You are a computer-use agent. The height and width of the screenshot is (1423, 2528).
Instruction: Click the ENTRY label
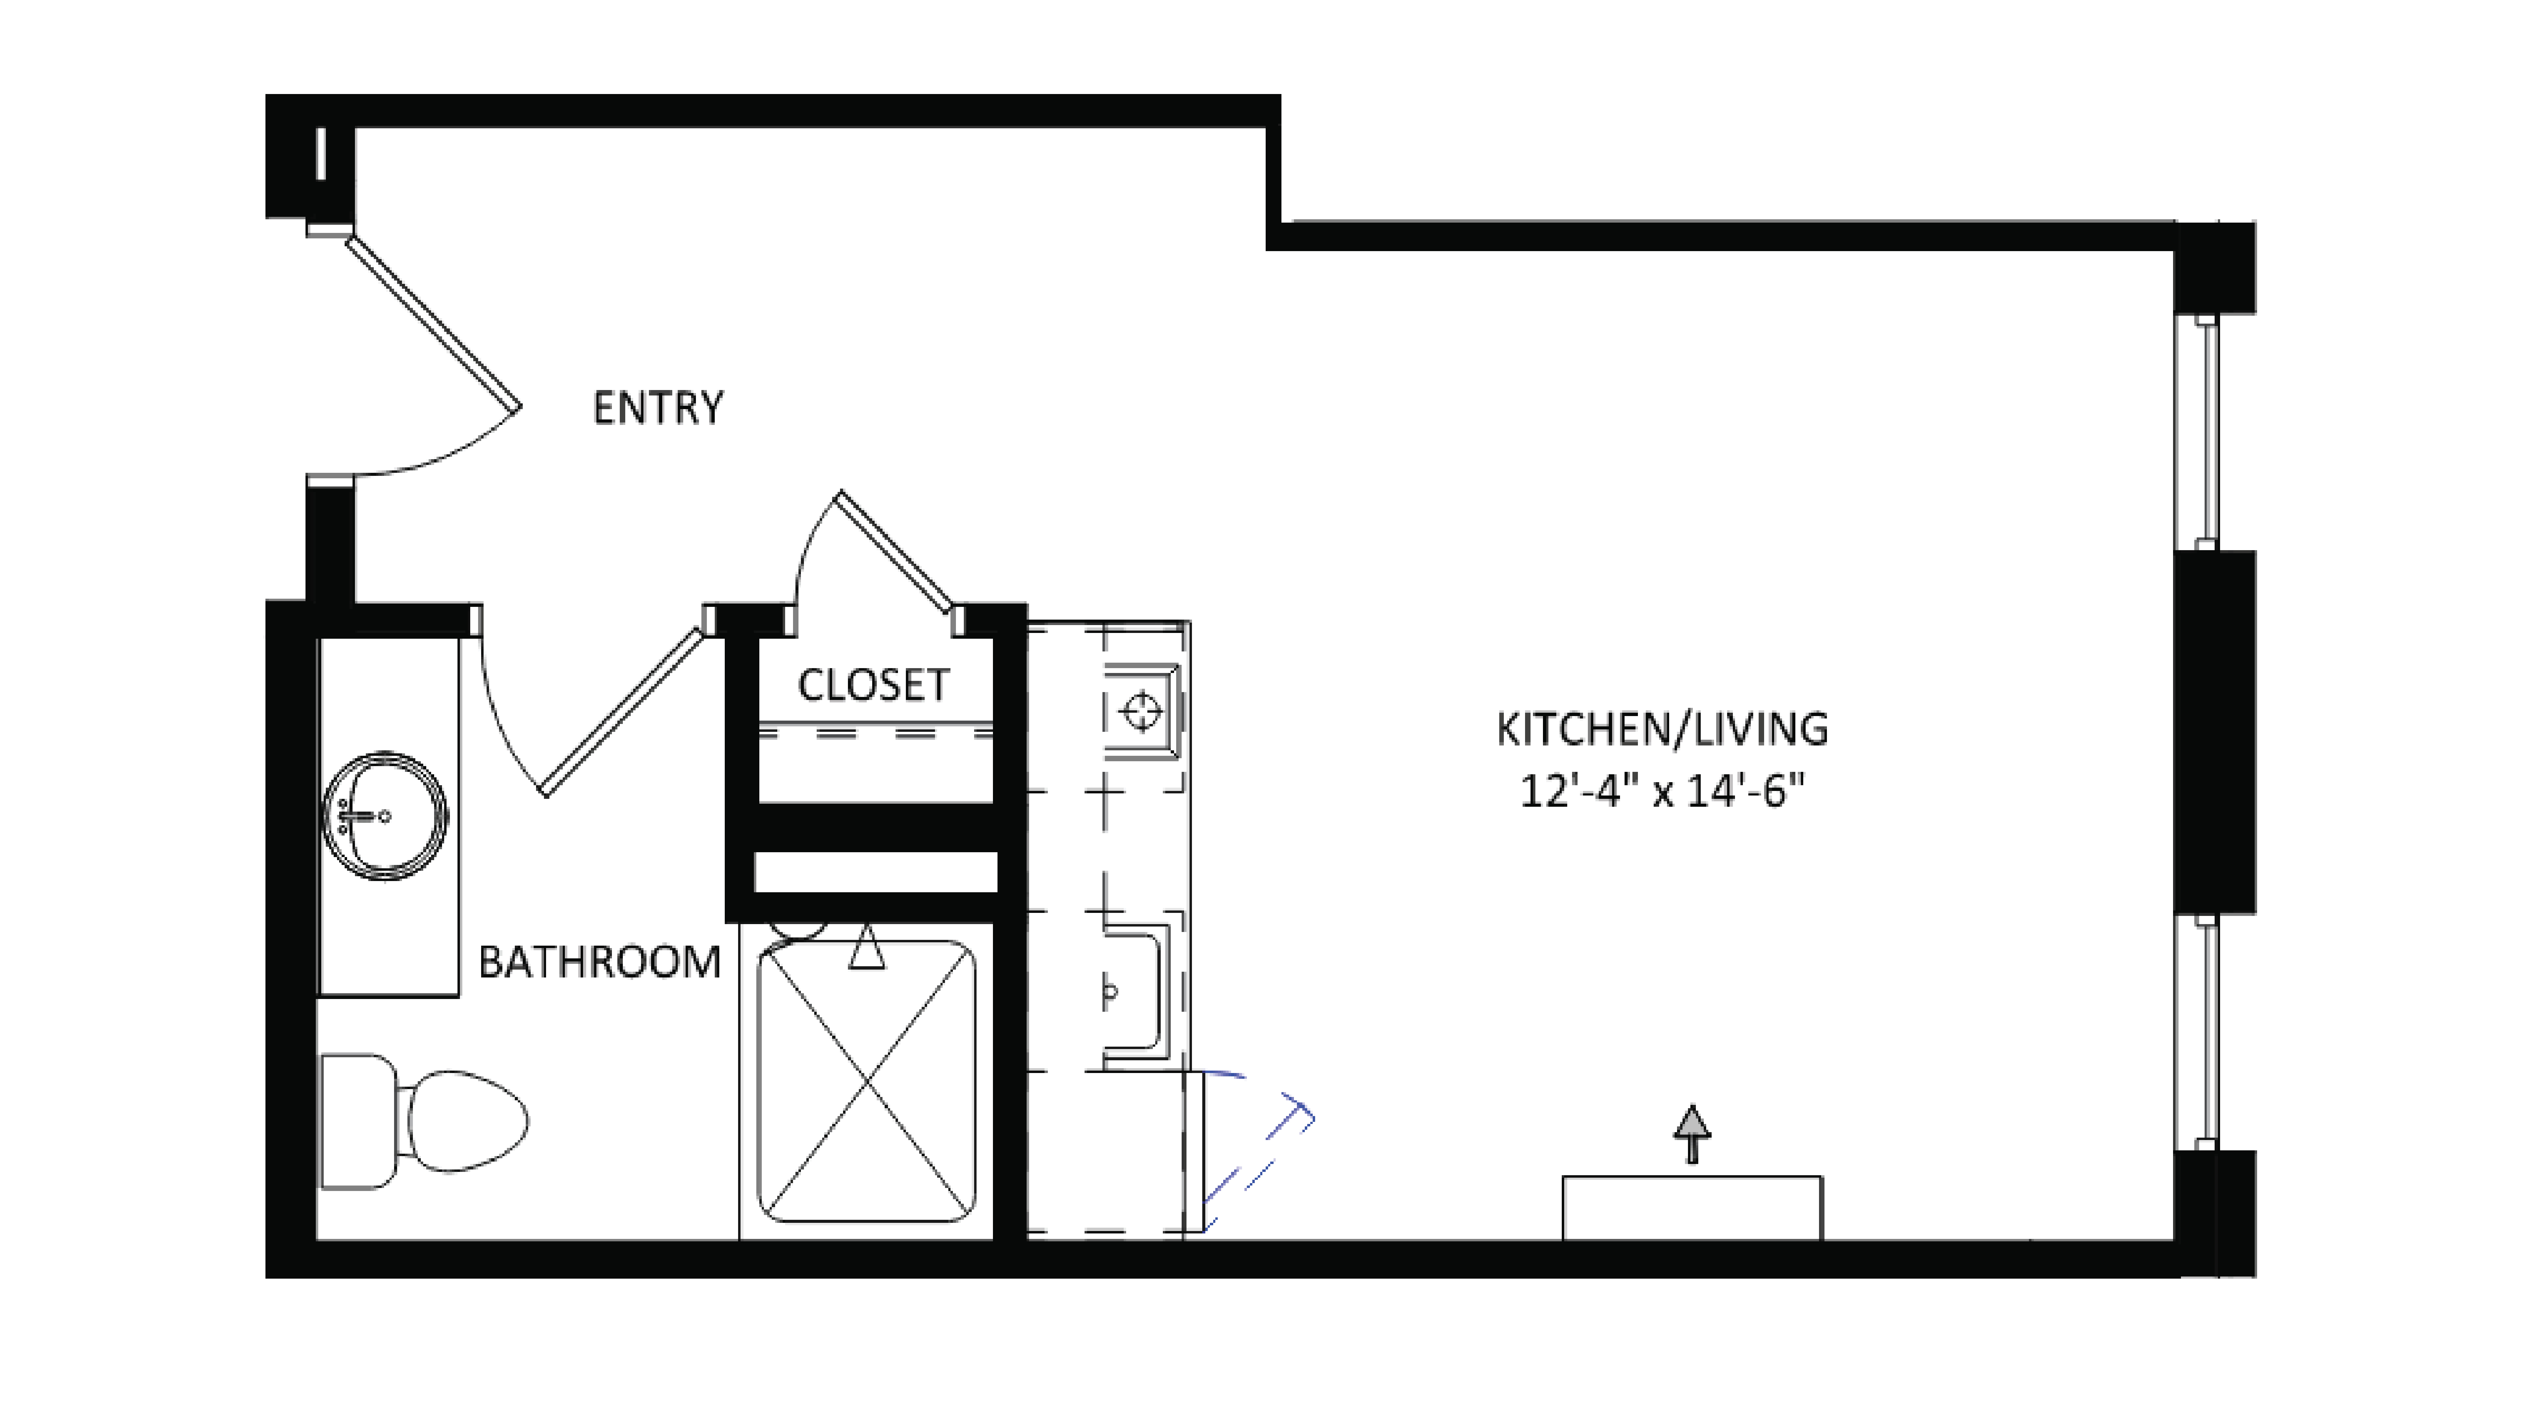coord(657,407)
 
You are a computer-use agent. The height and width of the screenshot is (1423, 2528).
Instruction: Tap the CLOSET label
coord(872,685)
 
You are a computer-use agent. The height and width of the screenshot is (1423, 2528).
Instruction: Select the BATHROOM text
coord(599,962)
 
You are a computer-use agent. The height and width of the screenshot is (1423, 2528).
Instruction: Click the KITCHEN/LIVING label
coord(1662,729)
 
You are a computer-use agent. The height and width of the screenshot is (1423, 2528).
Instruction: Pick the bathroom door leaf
coord(623,711)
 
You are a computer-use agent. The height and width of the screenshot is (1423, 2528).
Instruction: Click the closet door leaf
coord(895,552)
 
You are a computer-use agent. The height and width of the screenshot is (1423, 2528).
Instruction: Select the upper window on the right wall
coord(2205,432)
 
